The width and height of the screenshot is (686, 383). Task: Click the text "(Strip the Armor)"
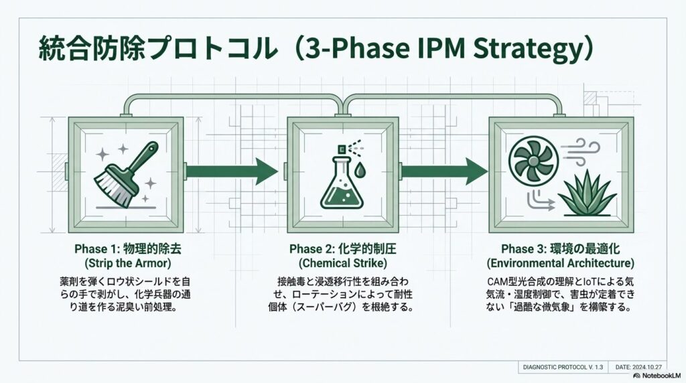click(x=128, y=262)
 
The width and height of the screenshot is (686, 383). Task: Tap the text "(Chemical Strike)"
click(x=343, y=262)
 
